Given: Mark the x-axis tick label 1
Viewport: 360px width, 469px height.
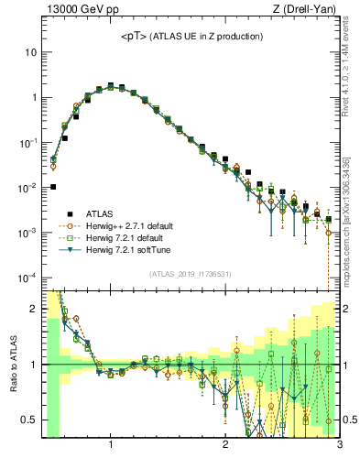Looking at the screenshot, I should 111,445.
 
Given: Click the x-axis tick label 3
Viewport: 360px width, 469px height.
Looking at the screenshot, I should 339,445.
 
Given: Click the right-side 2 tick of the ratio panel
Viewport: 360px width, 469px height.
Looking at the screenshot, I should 348,310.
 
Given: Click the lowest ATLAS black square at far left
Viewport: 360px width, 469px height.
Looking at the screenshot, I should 53,187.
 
